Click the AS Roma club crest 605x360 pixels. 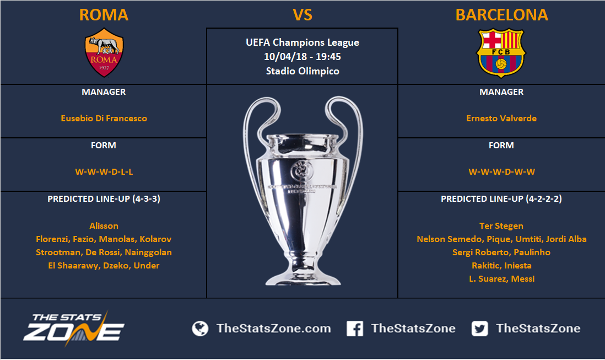click(104, 52)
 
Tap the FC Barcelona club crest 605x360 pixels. click(501, 53)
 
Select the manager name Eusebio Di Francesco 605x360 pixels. click(104, 119)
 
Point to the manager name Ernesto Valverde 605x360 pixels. click(501, 119)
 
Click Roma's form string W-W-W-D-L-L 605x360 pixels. click(104, 171)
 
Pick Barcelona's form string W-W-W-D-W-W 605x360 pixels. click(501, 171)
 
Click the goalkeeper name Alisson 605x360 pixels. click(104, 225)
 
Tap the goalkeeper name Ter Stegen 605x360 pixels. click(501, 225)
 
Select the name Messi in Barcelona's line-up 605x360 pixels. click(523, 278)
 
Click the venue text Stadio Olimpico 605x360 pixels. click(302, 71)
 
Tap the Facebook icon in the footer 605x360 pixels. click(355, 329)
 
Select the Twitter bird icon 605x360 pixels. click(479, 329)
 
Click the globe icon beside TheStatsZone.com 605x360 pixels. click(200, 329)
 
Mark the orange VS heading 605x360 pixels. click(302, 15)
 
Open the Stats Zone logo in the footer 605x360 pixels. click(74, 329)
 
